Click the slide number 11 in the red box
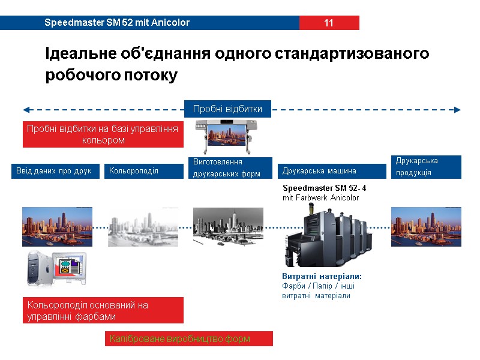click(x=329, y=23)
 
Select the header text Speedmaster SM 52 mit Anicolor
click(x=117, y=23)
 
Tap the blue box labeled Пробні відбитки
click(x=227, y=109)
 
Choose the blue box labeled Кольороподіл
click(x=144, y=171)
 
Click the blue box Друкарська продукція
click(x=426, y=166)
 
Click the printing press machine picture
click(x=328, y=236)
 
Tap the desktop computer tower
click(x=40, y=268)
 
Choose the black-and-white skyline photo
click(x=229, y=227)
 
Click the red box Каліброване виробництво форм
click(x=189, y=339)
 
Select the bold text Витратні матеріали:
click(x=322, y=276)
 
